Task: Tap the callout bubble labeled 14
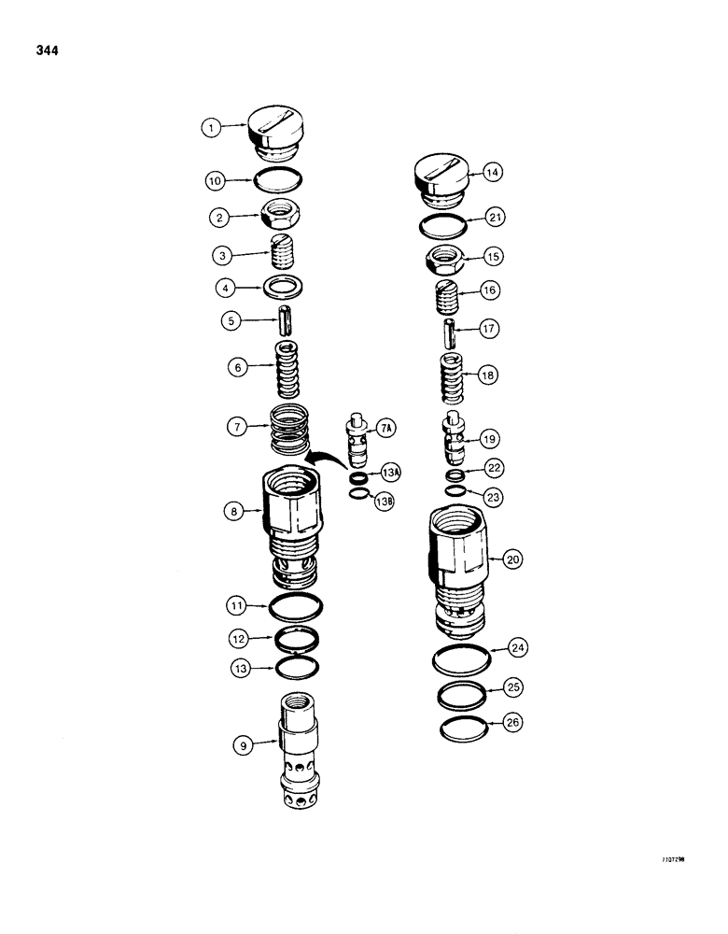(x=491, y=172)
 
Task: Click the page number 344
(x=45, y=51)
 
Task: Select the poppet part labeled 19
(x=454, y=435)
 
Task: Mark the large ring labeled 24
(x=462, y=658)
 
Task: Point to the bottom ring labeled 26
(x=462, y=727)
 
